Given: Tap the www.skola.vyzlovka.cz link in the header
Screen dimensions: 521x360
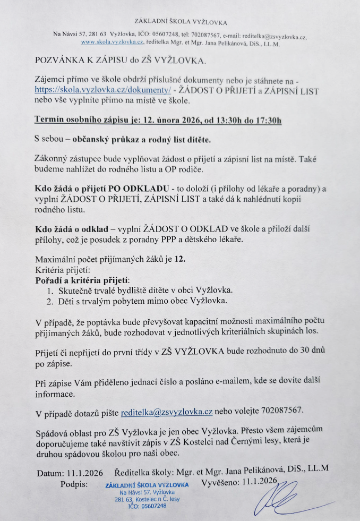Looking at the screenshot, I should [112, 41].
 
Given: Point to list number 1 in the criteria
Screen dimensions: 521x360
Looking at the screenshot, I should [49, 291].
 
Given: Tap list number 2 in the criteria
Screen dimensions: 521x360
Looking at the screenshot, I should [49, 301].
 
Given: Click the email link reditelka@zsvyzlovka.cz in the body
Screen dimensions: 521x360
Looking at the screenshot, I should [166, 412].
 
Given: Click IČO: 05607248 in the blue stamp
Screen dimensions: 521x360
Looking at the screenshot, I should [147, 506].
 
